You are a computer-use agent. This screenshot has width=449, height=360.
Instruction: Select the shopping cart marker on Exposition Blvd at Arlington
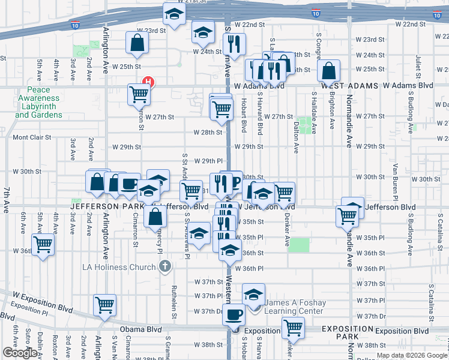pos(105,304)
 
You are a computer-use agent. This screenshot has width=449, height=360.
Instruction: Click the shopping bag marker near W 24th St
pos(137,42)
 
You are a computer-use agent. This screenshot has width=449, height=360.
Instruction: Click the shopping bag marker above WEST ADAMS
pos(330,70)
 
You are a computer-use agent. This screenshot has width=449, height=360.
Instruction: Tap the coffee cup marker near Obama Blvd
pos(234,313)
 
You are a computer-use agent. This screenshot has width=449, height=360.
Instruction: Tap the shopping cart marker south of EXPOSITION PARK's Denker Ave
pos(293,328)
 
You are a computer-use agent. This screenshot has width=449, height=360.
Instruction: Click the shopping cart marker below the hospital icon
pos(139,94)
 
